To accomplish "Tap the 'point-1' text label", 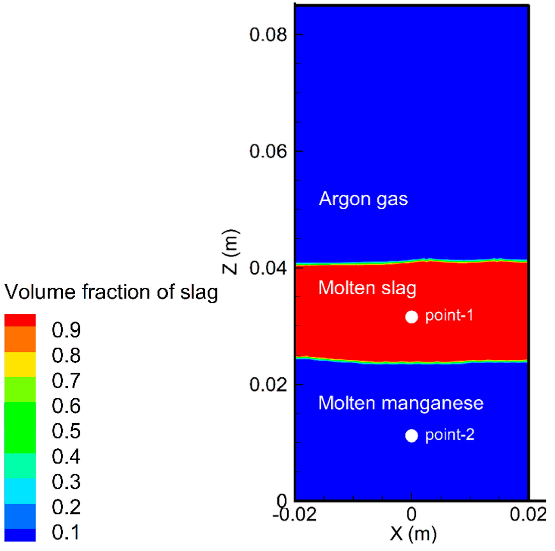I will click(x=449, y=316).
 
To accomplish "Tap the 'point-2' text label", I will click(x=450, y=435).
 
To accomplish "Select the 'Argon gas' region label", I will click(x=363, y=199).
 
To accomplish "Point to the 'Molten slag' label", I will click(x=367, y=288).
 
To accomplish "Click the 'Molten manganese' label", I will click(x=401, y=403).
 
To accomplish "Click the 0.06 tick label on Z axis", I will click(x=268, y=151).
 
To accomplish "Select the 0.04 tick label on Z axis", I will click(x=268, y=268).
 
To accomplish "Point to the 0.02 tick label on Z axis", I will click(x=268, y=384).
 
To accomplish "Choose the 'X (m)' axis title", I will click(x=413, y=534).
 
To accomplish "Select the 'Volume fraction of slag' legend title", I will click(x=111, y=292).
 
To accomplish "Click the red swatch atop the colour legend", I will click(x=20, y=320).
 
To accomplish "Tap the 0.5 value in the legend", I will click(x=66, y=431).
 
